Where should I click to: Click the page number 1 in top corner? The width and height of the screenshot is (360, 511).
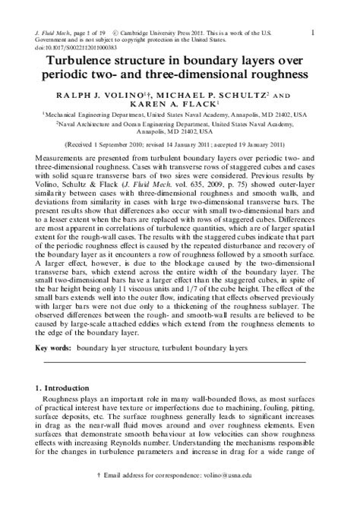point(335,31)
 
